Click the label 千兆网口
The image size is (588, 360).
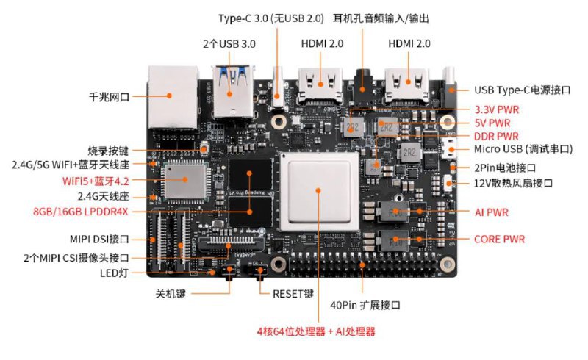pyautogui.click(x=110, y=96)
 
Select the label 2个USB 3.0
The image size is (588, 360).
pyautogui.click(x=229, y=44)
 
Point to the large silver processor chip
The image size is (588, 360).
pyautogui.click(x=318, y=190)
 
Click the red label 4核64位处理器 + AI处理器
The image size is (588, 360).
pyautogui.click(x=316, y=331)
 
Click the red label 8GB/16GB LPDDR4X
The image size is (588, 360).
pyautogui.click(x=81, y=212)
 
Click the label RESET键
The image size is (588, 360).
pyautogui.click(x=293, y=293)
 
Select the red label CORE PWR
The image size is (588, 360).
pyautogui.click(x=499, y=239)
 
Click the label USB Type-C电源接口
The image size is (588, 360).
pyautogui.click(x=523, y=90)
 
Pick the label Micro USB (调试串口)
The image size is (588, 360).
pyautogui.click(x=523, y=150)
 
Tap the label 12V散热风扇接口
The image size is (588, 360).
pyautogui.click(x=513, y=182)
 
